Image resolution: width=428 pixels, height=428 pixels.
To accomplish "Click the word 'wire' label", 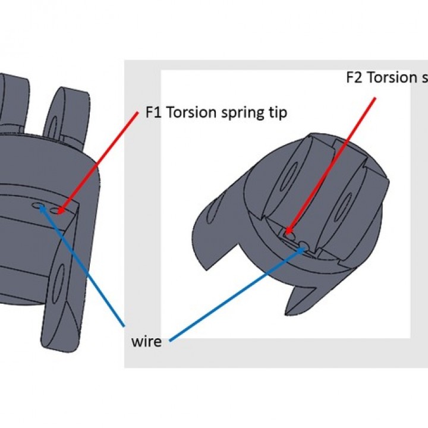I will [x=146, y=343].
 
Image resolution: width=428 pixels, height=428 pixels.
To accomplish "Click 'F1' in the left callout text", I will [x=153, y=113].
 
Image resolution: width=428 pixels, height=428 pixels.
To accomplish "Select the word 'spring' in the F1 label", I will [x=239, y=113].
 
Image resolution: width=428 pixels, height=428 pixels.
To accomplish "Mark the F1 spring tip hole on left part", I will [x=58, y=210].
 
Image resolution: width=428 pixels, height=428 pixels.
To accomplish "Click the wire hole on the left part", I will [x=40, y=206].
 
